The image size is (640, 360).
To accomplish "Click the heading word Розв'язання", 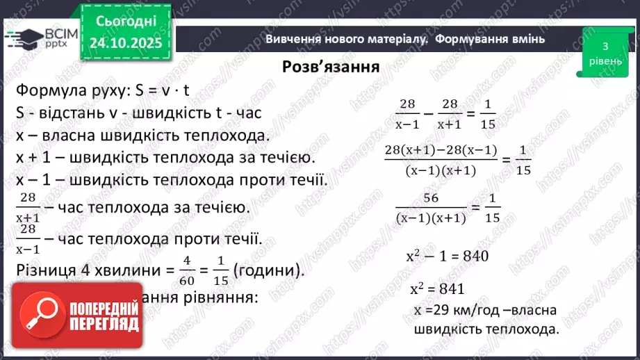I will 330,67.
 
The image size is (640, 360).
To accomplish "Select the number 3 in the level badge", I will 605,47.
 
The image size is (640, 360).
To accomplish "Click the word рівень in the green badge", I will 605,59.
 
